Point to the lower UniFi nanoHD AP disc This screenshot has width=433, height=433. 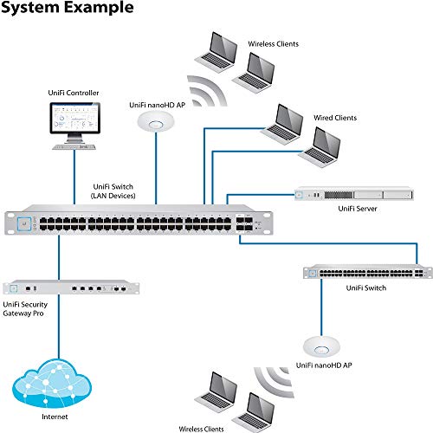(320, 347)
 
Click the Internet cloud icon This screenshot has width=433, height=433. (55, 378)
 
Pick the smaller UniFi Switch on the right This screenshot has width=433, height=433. (365, 272)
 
